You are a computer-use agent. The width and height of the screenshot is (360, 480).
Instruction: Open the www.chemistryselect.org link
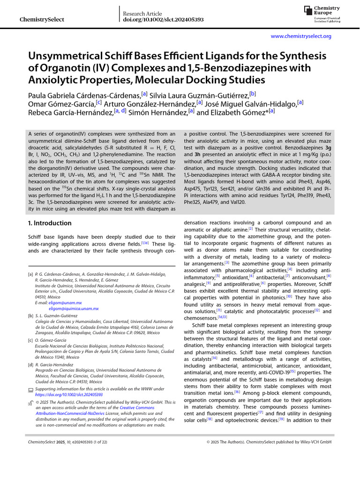pos(301,37)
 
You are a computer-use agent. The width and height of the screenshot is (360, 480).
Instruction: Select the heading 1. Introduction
pos(50,223)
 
